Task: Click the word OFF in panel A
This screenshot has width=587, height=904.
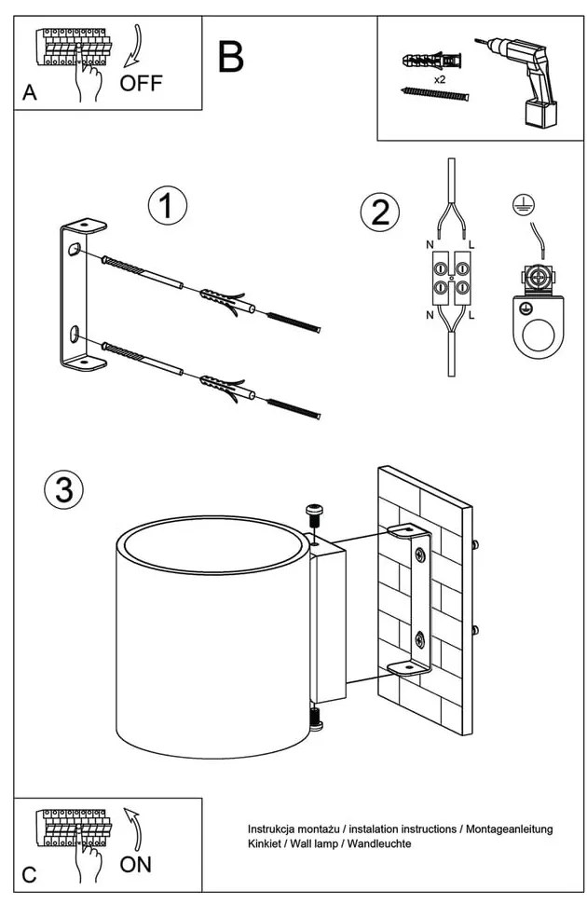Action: [142, 83]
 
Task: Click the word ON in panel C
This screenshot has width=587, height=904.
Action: [136, 864]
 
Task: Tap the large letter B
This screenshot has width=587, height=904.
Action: [230, 57]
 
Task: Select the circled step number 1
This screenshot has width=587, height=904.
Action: [167, 207]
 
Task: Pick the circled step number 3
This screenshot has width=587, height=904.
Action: [63, 490]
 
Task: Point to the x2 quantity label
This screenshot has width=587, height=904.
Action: [439, 81]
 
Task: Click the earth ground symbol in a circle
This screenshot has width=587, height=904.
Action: [523, 206]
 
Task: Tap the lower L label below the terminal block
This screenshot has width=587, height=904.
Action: [472, 316]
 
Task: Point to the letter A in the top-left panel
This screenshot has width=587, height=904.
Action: [31, 93]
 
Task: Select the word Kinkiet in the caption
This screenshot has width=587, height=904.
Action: [266, 843]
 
